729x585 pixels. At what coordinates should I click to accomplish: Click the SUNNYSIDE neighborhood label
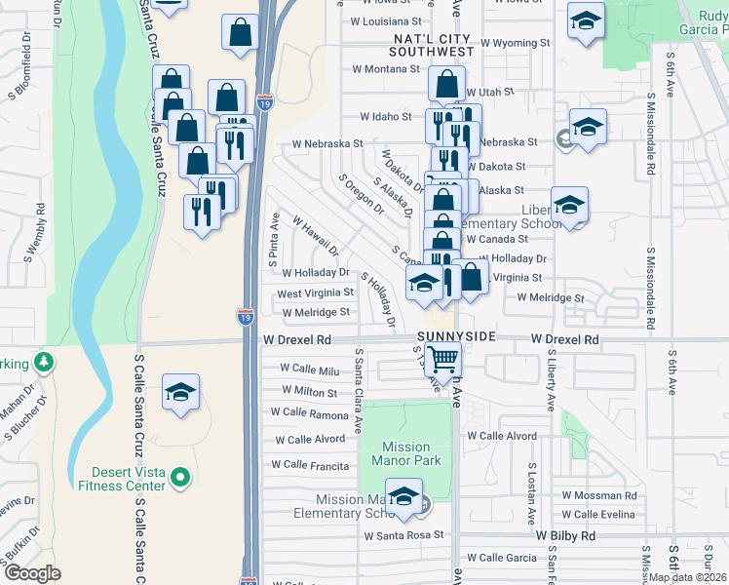point(457,336)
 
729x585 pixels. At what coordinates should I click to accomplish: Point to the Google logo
point(32,573)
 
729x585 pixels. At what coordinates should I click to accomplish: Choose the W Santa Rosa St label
point(403,535)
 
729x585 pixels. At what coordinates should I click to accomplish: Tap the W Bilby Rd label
point(564,536)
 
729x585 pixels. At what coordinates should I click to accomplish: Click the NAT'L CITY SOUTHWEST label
point(419,44)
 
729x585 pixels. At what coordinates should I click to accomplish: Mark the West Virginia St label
point(315,293)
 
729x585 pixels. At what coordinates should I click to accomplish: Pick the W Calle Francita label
point(309,465)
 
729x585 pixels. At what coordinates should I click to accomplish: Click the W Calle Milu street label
point(309,370)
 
